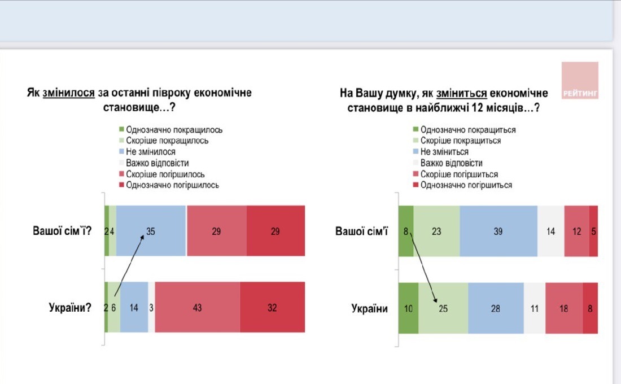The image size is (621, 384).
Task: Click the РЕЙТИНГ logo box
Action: coord(580,80)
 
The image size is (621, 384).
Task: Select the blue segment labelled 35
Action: coord(151,230)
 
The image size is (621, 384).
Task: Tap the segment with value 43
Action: coord(197,307)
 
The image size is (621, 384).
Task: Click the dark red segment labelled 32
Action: coord(273,307)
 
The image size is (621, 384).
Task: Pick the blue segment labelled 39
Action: coord(498,231)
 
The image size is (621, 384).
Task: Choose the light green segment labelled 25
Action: coord(443,308)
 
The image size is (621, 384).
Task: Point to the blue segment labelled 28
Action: coord(496,308)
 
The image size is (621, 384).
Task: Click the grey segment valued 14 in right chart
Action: coord(551,231)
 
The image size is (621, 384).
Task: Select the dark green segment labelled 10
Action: coord(408,308)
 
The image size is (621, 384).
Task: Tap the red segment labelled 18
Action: coord(564,308)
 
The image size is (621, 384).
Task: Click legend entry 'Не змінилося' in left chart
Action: coord(147,152)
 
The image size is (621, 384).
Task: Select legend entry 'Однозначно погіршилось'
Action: coord(169,185)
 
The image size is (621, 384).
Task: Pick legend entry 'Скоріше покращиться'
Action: coord(457,141)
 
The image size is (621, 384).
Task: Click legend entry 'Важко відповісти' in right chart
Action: coord(448,163)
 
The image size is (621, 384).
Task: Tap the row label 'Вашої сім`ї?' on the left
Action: coord(62,230)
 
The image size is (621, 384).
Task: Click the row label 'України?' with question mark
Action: coord(70,308)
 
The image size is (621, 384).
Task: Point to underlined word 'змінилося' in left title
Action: coord(68,93)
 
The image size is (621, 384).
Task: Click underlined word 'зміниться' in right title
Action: coord(461,93)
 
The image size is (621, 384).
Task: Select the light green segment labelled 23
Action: coord(437,231)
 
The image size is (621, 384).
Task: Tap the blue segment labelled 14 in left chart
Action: coord(134,307)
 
